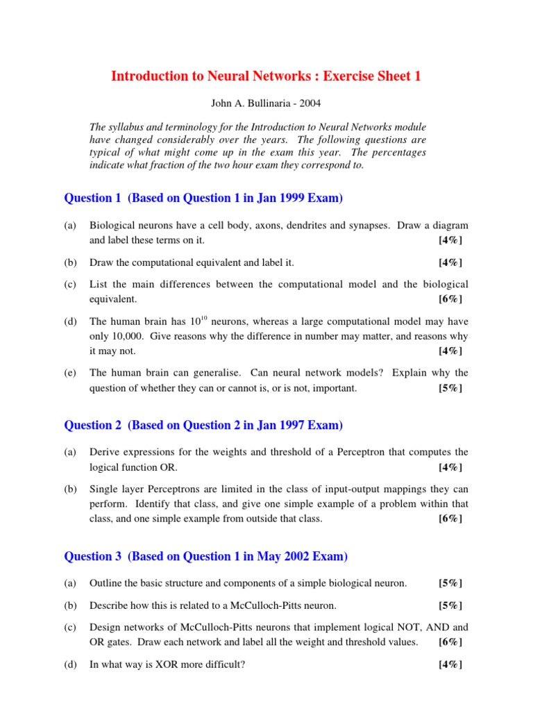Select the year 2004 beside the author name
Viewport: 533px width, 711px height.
click(311, 103)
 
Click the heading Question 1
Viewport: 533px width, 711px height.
click(88, 198)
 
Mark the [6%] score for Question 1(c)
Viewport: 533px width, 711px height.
click(450, 299)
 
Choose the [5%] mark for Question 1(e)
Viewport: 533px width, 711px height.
click(450, 388)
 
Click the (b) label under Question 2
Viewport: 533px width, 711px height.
click(70, 490)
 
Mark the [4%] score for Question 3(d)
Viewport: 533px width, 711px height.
click(450, 664)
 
